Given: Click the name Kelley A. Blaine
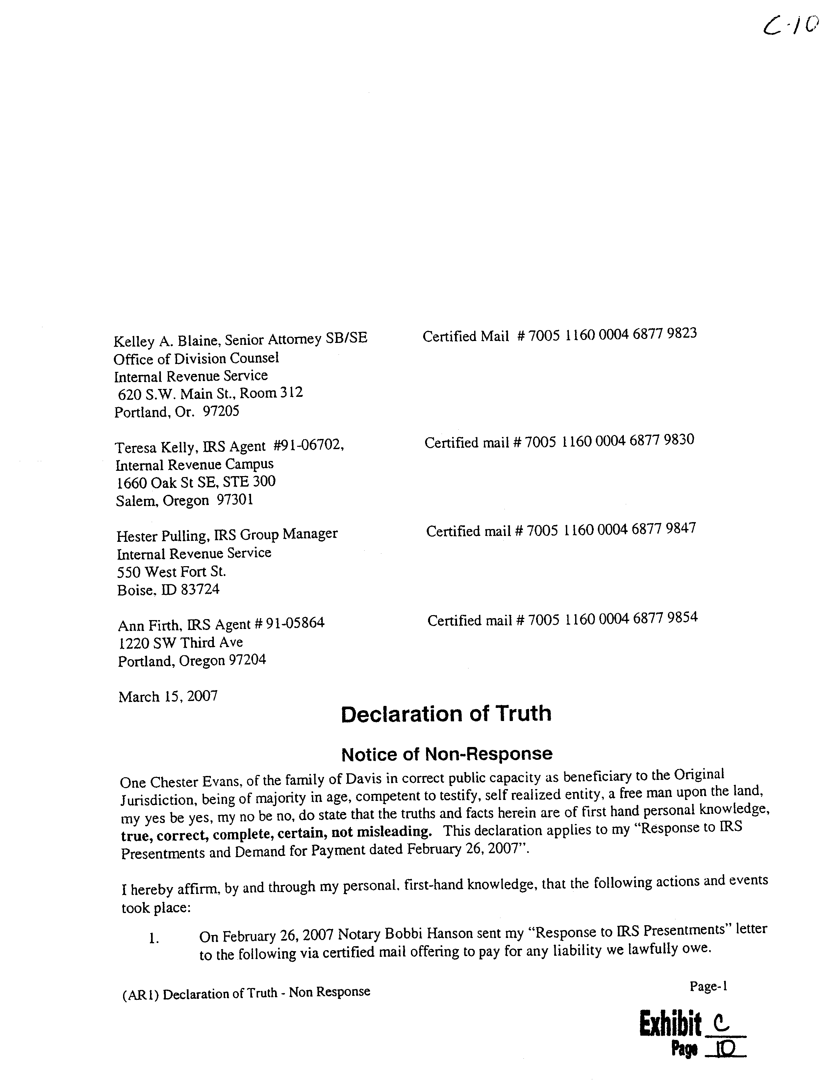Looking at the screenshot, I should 166,341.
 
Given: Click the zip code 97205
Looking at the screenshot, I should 221,411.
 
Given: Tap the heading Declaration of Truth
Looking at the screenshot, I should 446,714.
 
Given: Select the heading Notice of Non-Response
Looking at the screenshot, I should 446,754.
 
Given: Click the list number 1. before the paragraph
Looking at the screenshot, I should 154,938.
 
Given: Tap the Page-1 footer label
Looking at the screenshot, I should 708,986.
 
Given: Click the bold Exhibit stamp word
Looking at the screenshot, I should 670,1024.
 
